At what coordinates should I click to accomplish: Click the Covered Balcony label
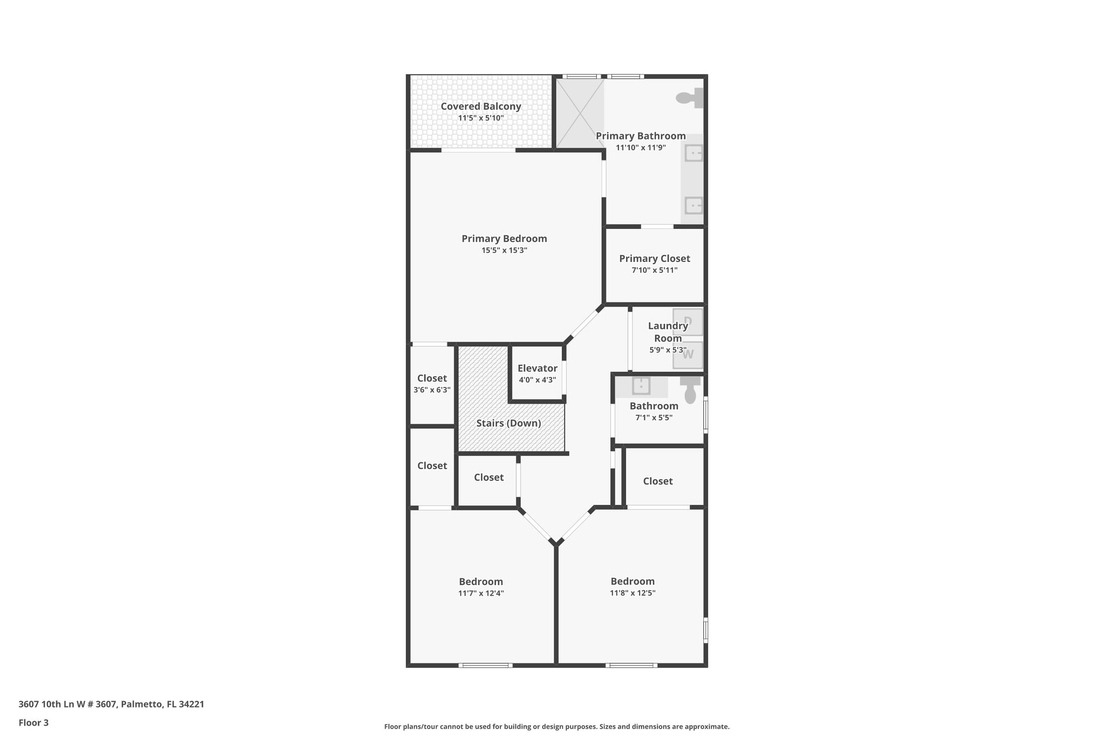click(x=480, y=107)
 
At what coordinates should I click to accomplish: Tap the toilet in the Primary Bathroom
click(x=690, y=98)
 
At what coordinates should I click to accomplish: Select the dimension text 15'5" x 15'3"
click(x=504, y=251)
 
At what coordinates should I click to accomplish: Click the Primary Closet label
click(x=654, y=259)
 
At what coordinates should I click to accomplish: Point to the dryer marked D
click(x=688, y=322)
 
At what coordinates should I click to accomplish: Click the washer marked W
click(x=688, y=354)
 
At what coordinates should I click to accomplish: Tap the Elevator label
click(x=537, y=369)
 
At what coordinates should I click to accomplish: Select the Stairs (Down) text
click(x=509, y=423)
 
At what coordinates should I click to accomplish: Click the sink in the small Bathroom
click(x=641, y=386)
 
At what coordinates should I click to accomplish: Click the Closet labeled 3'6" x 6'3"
click(x=432, y=378)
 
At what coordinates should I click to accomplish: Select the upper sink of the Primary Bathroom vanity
click(x=694, y=154)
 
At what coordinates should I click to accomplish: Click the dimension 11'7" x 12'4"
click(x=481, y=593)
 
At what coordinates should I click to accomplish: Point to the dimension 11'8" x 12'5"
click(x=632, y=593)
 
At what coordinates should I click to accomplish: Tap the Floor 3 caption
click(x=34, y=722)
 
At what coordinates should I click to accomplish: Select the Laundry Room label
click(x=667, y=332)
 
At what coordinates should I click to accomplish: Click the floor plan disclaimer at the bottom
click(x=556, y=726)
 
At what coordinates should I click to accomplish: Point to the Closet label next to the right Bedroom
click(x=658, y=481)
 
